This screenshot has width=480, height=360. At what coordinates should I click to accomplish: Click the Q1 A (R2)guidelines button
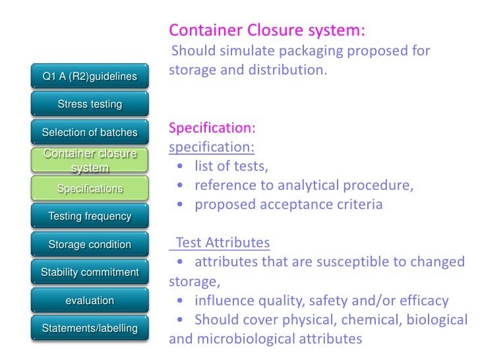click(90, 76)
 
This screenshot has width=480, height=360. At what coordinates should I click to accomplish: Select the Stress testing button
click(90, 104)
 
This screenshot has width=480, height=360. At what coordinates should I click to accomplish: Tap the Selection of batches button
click(90, 133)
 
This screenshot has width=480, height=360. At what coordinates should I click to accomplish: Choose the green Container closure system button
click(90, 161)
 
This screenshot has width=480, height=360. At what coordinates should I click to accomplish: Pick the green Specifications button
click(90, 189)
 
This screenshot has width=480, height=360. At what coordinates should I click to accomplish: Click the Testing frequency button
click(90, 216)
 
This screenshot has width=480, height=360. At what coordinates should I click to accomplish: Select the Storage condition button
click(90, 245)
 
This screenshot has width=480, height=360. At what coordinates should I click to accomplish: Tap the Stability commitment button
click(90, 272)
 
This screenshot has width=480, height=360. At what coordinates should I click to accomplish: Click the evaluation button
click(90, 301)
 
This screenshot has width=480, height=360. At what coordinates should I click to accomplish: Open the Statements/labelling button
click(90, 328)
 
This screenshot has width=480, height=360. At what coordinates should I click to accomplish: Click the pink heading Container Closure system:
click(267, 30)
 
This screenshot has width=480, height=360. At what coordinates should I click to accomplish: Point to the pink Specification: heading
click(212, 127)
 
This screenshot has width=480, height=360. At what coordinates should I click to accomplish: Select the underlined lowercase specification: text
click(212, 146)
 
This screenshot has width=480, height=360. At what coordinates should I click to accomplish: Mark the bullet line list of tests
click(231, 165)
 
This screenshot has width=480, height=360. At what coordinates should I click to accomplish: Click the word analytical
click(311, 185)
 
